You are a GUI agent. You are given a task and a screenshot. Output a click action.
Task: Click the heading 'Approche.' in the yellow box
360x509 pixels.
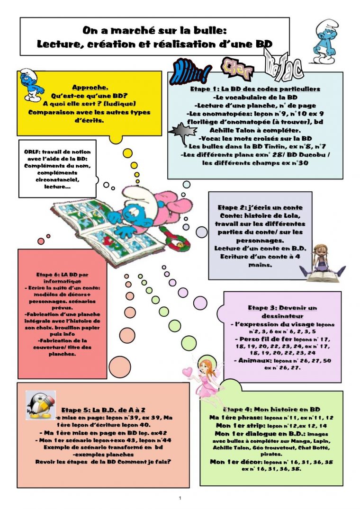pyautogui.click(x=90, y=87)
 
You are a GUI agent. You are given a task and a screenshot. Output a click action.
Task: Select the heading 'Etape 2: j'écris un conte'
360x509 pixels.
pyautogui.click(x=260, y=207)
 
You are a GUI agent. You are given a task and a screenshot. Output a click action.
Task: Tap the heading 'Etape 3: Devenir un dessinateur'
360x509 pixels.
pyautogui.click(x=282, y=312)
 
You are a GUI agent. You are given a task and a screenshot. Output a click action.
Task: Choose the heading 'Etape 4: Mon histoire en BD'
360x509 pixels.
pyautogui.click(x=271, y=409)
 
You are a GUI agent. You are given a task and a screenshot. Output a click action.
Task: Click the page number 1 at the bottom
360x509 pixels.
pyautogui.click(x=180, y=498)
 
